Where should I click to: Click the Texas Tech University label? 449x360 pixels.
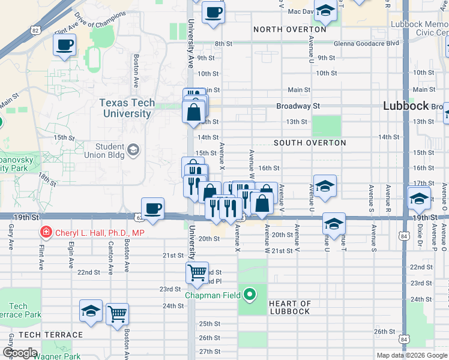(127, 108)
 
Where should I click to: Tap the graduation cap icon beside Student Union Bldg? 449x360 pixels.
(133, 149)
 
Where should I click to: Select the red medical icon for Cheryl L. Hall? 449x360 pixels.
(44, 232)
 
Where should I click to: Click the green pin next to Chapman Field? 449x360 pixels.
(250, 295)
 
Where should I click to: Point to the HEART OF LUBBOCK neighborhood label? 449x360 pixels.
(289, 307)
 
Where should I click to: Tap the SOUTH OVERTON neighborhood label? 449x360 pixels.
(310, 143)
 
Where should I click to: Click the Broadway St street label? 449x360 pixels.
(298, 106)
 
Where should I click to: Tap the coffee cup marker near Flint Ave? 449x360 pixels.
(65, 44)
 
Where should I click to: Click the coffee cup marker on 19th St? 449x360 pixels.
(153, 208)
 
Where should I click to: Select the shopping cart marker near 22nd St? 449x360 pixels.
(197, 273)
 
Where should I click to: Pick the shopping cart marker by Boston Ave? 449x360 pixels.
(117, 313)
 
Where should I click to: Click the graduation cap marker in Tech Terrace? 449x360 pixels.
(91, 310)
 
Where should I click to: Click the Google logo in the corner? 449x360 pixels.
(20, 353)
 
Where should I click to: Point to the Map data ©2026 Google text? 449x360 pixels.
(412, 355)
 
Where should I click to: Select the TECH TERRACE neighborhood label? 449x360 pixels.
(50, 335)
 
